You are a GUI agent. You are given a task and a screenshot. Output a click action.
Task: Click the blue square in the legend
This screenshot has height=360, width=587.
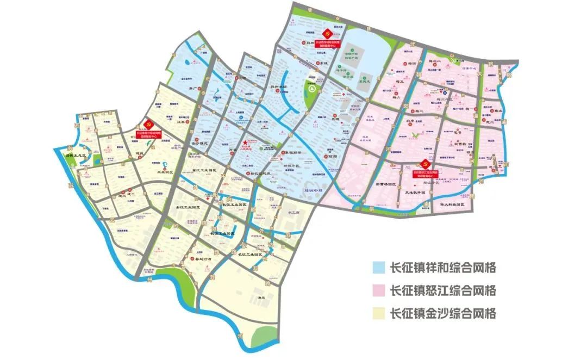(379, 268)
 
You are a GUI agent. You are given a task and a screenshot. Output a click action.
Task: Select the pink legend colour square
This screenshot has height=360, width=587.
(379, 290)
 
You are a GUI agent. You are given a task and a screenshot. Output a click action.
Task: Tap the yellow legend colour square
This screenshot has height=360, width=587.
(379, 313)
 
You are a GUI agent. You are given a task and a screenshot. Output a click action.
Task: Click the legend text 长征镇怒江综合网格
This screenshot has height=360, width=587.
(443, 290)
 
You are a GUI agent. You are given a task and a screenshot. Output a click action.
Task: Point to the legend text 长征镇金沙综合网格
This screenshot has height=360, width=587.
(443, 313)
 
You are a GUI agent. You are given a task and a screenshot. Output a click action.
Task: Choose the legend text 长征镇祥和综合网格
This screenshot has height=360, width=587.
(443, 268)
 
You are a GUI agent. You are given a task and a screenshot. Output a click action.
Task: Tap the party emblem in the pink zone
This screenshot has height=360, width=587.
(426, 163)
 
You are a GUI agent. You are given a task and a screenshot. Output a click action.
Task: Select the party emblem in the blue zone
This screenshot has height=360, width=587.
(326, 31)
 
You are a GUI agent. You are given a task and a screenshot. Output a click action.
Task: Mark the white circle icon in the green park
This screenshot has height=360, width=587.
(312, 88)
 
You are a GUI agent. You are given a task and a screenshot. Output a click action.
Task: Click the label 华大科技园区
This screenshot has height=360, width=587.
(451, 205)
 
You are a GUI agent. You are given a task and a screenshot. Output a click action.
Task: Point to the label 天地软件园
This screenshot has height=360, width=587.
(415, 191)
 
